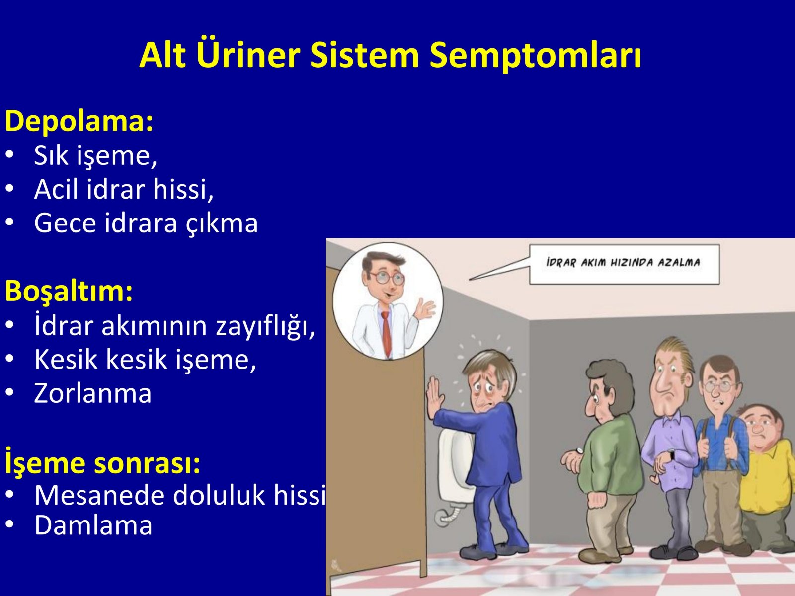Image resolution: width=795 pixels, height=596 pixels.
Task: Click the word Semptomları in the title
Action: (535, 56)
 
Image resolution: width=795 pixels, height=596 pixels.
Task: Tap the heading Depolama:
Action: (79, 122)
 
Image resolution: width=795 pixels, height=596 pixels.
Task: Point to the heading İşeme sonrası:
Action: (102, 462)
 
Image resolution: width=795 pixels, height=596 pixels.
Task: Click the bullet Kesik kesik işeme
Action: (145, 360)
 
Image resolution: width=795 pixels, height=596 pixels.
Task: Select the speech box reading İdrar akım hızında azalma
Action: (625, 264)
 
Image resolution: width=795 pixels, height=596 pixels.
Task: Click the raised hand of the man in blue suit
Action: (434, 394)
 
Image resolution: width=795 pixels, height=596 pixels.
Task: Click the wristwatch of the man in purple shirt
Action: (672, 454)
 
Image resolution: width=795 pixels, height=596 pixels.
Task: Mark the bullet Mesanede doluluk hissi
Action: (180, 495)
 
